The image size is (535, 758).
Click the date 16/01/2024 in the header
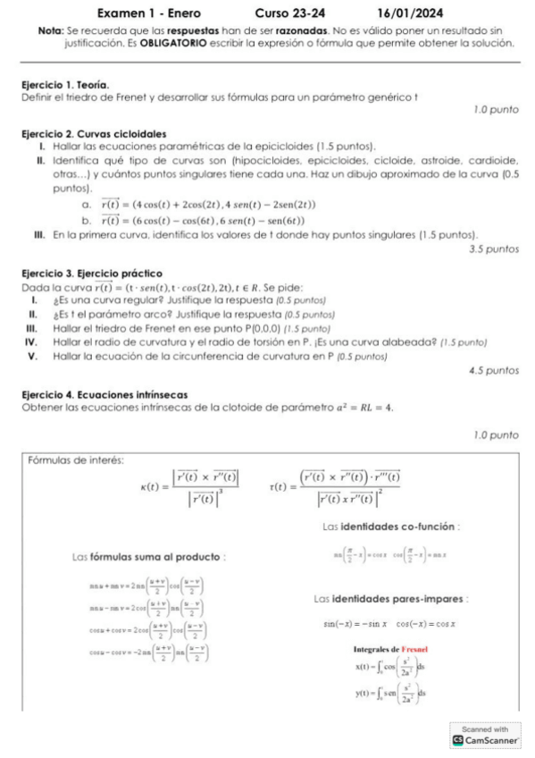click(x=411, y=14)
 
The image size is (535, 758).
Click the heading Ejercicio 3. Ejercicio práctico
click(x=91, y=274)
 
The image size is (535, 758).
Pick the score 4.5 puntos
click(x=494, y=369)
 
